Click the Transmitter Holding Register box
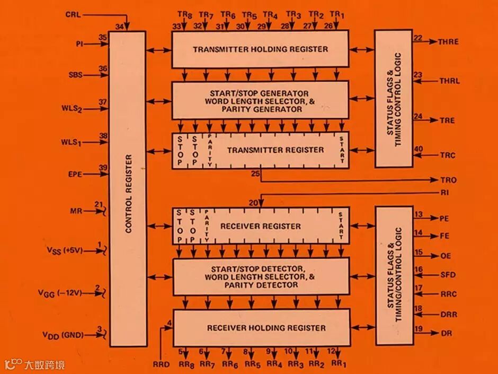pos(260,49)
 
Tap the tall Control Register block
pos(128,188)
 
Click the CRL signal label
pos(73,14)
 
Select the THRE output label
pos(448,41)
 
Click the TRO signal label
pos(448,180)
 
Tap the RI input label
pos(444,193)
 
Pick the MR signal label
pos(76,211)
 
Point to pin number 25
pos(255,173)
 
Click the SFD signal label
pos(448,275)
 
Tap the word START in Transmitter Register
pos(342,150)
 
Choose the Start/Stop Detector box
pos(261,277)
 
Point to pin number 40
pos(418,150)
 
